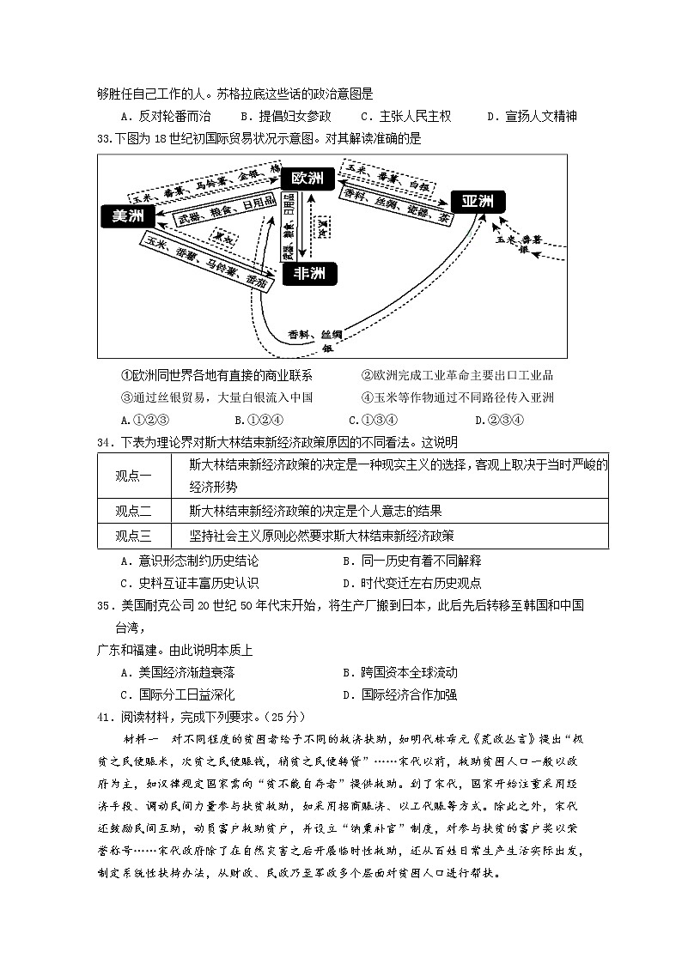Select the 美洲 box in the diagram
(x=127, y=216)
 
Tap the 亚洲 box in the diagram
(x=477, y=203)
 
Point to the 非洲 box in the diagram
(x=309, y=274)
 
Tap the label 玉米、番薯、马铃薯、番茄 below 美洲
(x=207, y=257)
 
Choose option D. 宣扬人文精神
(x=531, y=117)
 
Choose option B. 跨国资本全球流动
(x=399, y=672)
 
